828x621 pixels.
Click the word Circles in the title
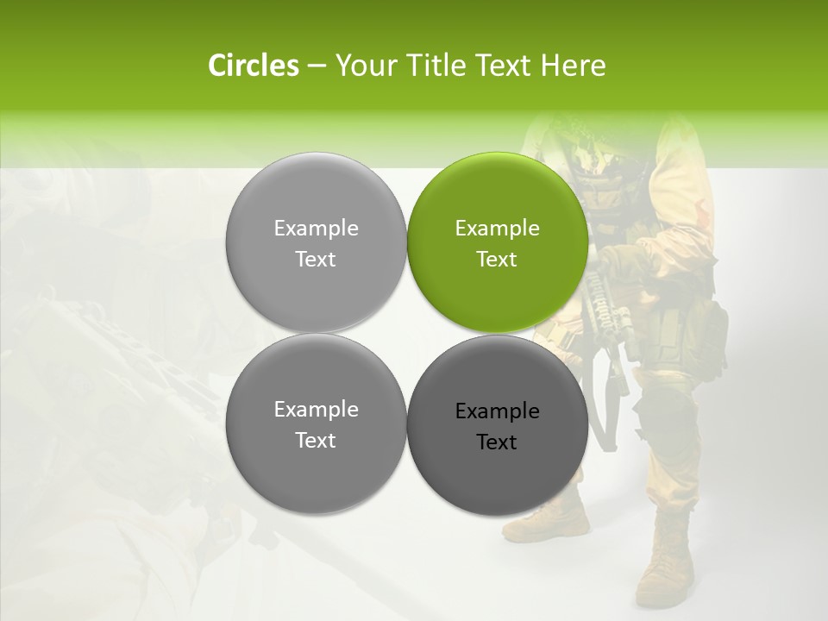click(253, 66)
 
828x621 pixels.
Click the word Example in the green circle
click(497, 229)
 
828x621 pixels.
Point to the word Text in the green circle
click(497, 260)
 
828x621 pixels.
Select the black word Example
click(497, 411)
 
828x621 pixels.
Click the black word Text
click(497, 442)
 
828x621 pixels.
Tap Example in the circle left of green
click(316, 229)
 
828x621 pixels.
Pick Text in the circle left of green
click(316, 260)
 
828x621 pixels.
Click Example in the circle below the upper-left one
click(316, 410)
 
